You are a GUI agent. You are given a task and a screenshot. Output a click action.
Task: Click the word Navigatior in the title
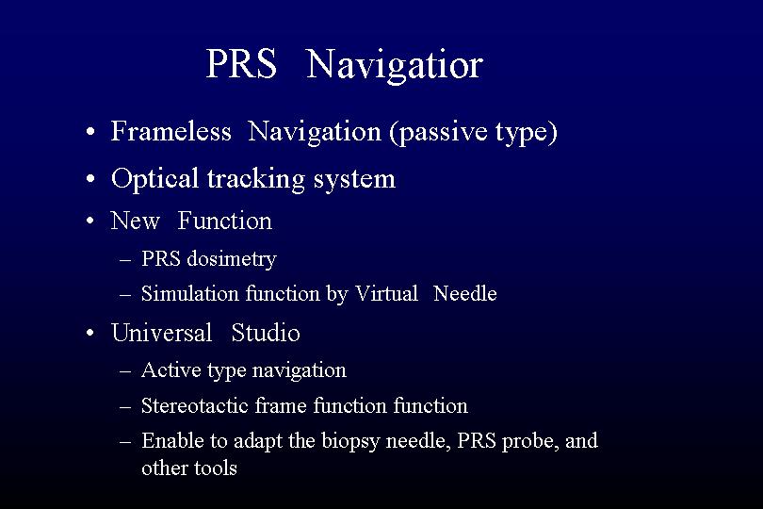point(395,66)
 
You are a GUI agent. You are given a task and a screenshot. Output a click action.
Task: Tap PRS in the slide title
point(241,63)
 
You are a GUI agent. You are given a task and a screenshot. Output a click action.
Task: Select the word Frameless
point(170,131)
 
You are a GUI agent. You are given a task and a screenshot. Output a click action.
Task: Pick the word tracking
point(256,179)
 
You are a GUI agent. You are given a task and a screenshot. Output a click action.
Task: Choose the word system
point(354,180)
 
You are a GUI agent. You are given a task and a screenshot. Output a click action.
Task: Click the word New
point(135,221)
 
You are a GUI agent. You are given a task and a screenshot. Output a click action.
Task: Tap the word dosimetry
point(232,259)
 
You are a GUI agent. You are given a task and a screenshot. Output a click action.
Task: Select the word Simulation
point(189,294)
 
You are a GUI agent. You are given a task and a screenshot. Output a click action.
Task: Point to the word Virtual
point(386,294)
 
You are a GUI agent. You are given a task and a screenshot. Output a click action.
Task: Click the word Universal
point(162,333)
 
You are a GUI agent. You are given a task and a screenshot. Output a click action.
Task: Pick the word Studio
point(266,333)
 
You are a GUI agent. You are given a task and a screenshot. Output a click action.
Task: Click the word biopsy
point(349,442)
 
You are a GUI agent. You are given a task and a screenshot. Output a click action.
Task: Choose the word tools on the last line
point(216,468)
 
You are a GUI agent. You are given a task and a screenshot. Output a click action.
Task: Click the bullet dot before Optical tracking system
point(90,179)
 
